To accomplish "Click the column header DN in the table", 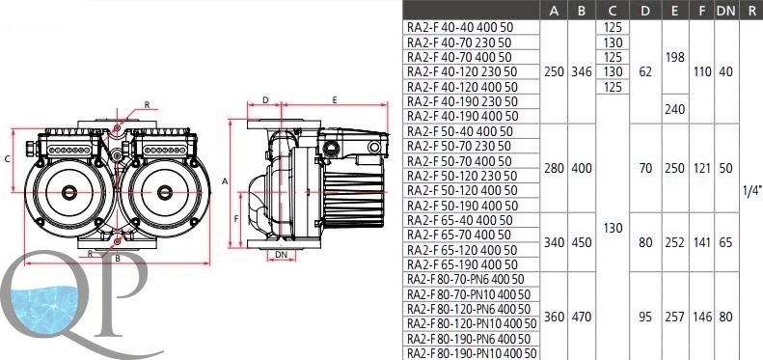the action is (725, 12).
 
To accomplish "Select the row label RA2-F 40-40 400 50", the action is (460, 27).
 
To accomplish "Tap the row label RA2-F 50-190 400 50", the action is (462, 206).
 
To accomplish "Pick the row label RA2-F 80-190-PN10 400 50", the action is (472, 353).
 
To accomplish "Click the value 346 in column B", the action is (582, 72).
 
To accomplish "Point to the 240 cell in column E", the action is (674, 109).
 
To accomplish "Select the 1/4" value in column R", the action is (751, 190).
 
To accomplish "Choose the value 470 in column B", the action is (582, 318).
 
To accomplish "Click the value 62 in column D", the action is (645, 72).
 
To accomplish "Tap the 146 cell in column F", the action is (701, 318).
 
